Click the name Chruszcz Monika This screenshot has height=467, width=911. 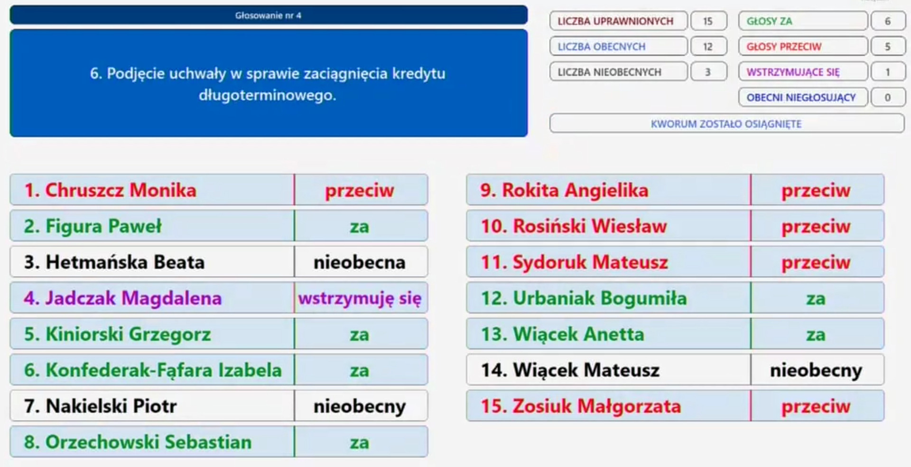[121, 190]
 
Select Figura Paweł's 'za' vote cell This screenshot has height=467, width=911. [361, 226]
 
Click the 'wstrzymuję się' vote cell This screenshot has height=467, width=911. [361, 298]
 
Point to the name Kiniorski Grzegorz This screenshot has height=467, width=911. [128, 334]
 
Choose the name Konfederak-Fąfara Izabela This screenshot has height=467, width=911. [164, 370]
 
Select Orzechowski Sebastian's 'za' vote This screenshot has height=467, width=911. [361, 442]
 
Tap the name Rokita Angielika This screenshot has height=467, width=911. [575, 190]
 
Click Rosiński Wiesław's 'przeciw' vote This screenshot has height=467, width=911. [817, 226]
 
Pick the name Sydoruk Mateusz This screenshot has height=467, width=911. [590, 262]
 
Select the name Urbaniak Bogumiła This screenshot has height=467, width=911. [600, 298]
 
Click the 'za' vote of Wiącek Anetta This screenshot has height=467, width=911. [817, 334]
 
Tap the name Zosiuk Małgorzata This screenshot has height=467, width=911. [597, 406]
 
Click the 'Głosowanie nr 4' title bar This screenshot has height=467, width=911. [269, 15]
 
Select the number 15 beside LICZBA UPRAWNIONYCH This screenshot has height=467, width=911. [708, 21]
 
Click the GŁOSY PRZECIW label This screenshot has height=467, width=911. [784, 47]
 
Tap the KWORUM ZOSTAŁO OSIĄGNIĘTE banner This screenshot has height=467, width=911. [726, 124]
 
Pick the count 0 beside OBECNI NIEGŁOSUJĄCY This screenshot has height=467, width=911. [888, 97]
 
